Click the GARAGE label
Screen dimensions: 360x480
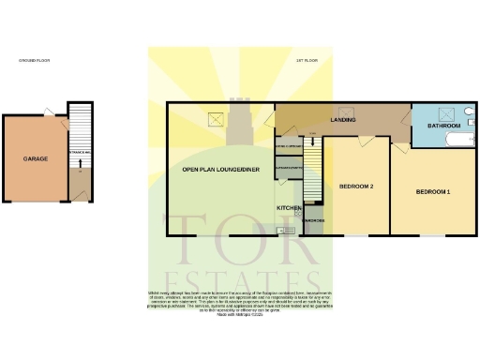click(x=36, y=159)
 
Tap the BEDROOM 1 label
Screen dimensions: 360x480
click(x=434, y=192)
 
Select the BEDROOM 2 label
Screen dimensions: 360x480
click(x=356, y=187)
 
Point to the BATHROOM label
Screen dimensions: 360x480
click(x=443, y=126)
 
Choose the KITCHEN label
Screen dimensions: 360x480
click(x=287, y=207)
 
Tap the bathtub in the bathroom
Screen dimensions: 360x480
click(x=461, y=141)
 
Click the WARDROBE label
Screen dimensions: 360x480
click(x=313, y=221)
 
